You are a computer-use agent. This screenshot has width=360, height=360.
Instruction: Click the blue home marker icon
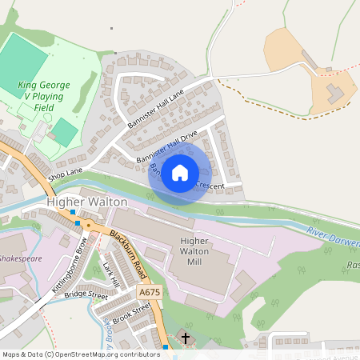(180, 172)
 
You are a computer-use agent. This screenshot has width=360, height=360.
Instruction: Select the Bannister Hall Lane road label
(155, 109)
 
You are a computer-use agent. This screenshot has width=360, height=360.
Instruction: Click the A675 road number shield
(149, 293)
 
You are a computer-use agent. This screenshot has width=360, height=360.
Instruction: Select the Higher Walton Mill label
(194, 251)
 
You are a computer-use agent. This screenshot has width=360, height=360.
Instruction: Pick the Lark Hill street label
(111, 274)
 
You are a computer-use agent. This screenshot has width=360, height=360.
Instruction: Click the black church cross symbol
(186, 338)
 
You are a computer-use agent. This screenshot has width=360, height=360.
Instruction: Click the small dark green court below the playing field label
(64, 130)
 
